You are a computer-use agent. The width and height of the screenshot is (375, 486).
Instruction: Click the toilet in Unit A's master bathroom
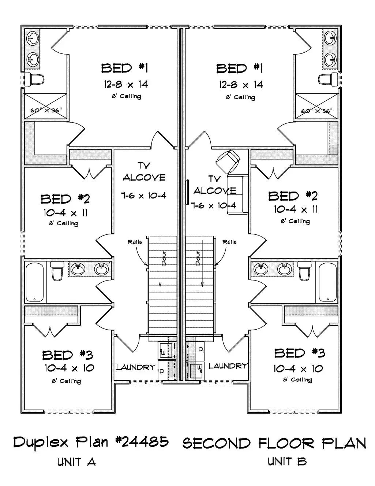pyautogui.click(x=35, y=78)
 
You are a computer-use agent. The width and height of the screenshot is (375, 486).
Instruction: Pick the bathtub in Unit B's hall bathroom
pyautogui.click(x=328, y=283)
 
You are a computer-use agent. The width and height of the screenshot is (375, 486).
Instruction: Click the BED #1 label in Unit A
pyautogui.click(x=124, y=68)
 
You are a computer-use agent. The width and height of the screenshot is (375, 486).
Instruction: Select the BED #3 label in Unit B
pyautogui.click(x=300, y=353)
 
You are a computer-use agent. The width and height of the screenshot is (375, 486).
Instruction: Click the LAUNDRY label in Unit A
pyautogui.click(x=136, y=367)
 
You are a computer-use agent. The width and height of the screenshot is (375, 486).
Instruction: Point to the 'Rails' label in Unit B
pyautogui.click(x=229, y=242)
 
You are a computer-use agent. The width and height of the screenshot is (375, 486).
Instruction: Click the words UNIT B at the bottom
pyautogui.click(x=287, y=461)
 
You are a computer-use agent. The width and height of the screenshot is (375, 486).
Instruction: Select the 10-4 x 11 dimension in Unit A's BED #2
pyautogui.click(x=65, y=212)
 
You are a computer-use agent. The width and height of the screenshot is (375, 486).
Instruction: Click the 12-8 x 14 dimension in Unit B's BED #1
pyautogui.click(x=241, y=85)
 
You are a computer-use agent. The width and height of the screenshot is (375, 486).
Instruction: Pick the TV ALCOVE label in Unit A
pyautogui.click(x=144, y=172)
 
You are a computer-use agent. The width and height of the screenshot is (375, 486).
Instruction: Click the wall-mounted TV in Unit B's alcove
pyautogui.click(x=187, y=192)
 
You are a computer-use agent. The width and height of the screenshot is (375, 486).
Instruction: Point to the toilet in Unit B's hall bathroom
pyautogui.click(x=304, y=271)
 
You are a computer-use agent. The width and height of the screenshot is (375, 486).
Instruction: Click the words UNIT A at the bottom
pyautogui.click(x=76, y=462)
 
